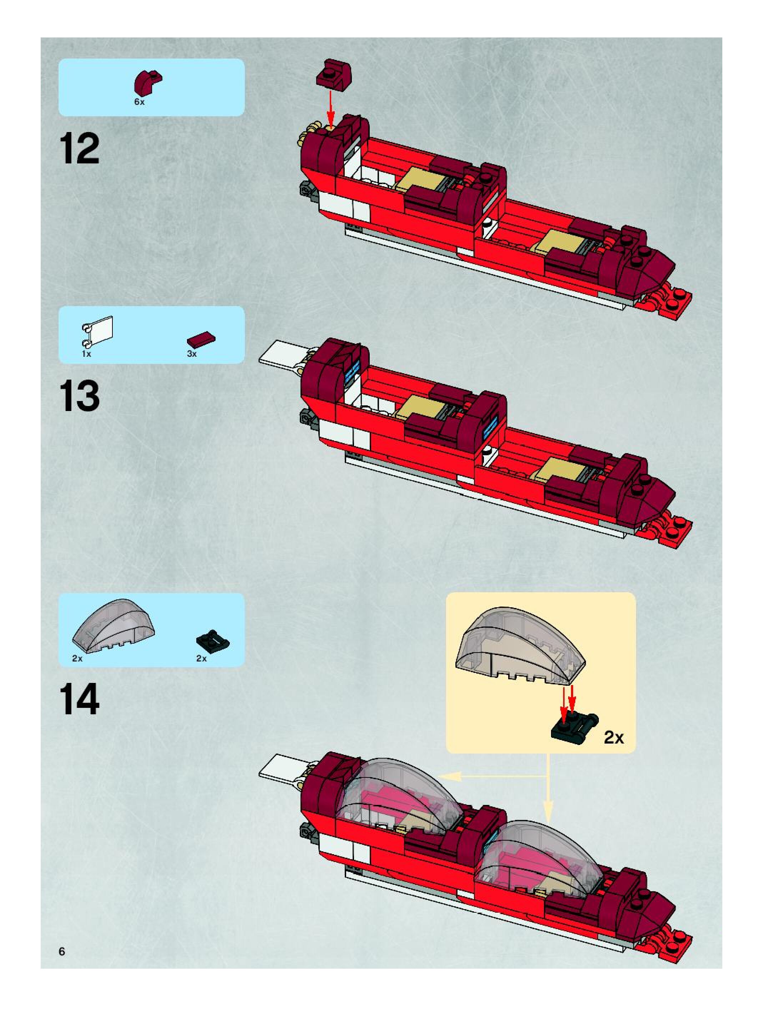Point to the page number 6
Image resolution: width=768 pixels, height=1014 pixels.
pos(62,951)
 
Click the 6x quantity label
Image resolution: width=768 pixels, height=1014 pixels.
pos(140,102)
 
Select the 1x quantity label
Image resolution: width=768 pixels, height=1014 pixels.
pos(86,354)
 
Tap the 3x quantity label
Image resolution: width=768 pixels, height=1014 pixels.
pos(192,354)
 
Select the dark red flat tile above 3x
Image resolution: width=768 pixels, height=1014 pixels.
pos(201,340)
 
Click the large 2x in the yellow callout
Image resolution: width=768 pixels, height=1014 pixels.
pos(613,737)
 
